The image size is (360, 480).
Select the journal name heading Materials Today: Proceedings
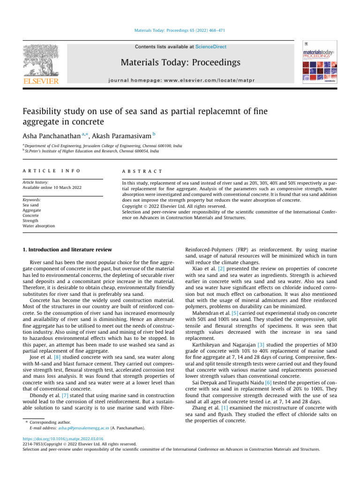click(x=180, y=62)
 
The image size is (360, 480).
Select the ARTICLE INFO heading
click(x=52, y=172)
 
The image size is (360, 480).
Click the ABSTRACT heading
click(x=142, y=172)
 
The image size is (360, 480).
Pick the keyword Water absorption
click(x=38, y=225)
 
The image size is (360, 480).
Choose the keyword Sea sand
click(x=31, y=205)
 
